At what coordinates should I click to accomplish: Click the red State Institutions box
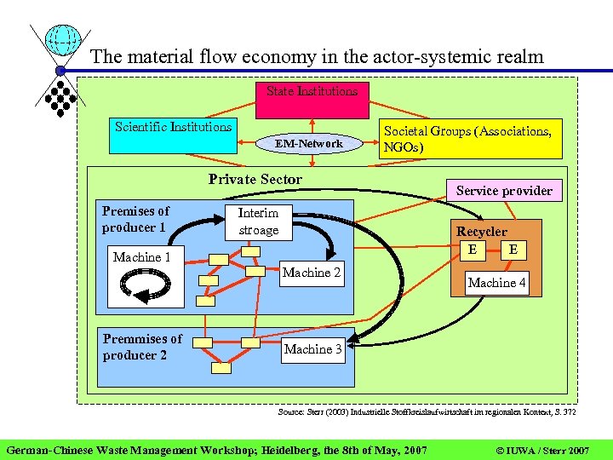(x=312, y=99)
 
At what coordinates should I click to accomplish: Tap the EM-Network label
(x=309, y=144)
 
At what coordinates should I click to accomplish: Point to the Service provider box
(x=504, y=190)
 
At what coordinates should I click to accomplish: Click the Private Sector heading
(x=255, y=179)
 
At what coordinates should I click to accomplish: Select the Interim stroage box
(x=258, y=221)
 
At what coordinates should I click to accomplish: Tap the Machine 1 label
(x=142, y=256)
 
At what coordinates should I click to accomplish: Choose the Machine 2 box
(x=312, y=273)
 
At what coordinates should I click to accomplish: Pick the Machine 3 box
(x=313, y=349)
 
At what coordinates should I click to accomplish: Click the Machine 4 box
(x=497, y=282)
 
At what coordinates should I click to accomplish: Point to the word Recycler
(x=481, y=231)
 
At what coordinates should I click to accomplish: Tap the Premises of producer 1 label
(x=135, y=219)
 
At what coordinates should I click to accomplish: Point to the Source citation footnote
(x=427, y=412)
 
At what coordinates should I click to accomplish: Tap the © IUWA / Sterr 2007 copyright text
(x=541, y=448)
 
